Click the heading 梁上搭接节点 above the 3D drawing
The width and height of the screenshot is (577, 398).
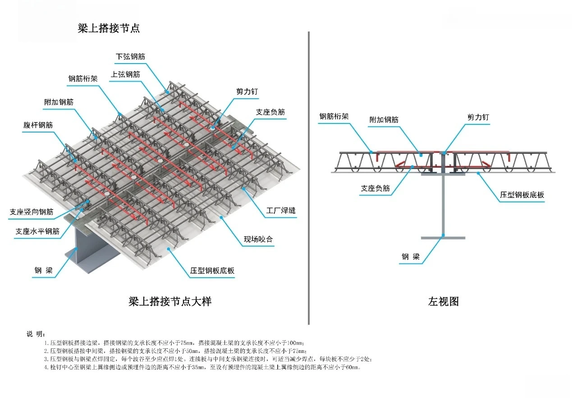tap(109, 28)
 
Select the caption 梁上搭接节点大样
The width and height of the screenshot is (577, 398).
tap(170, 302)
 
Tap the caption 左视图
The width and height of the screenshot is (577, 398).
tap(443, 302)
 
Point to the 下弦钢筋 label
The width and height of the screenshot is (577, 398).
tap(131, 57)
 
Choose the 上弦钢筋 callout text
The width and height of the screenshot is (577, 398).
tap(125, 74)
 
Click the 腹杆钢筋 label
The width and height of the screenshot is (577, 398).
tap(38, 125)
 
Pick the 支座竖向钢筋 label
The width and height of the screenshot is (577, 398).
tap(32, 211)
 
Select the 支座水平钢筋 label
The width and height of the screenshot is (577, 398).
tap(37, 231)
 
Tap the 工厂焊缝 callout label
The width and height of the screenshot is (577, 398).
tap(281, 210)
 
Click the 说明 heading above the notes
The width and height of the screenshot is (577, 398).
tap(36, 334)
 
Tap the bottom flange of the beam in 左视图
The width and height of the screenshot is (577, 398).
tap(443, 238)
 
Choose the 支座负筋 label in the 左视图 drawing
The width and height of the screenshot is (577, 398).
tap(375, 188)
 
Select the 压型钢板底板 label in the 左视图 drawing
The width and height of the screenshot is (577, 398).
tap(522, 195)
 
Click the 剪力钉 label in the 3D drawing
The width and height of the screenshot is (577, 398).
tap(247, 91)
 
